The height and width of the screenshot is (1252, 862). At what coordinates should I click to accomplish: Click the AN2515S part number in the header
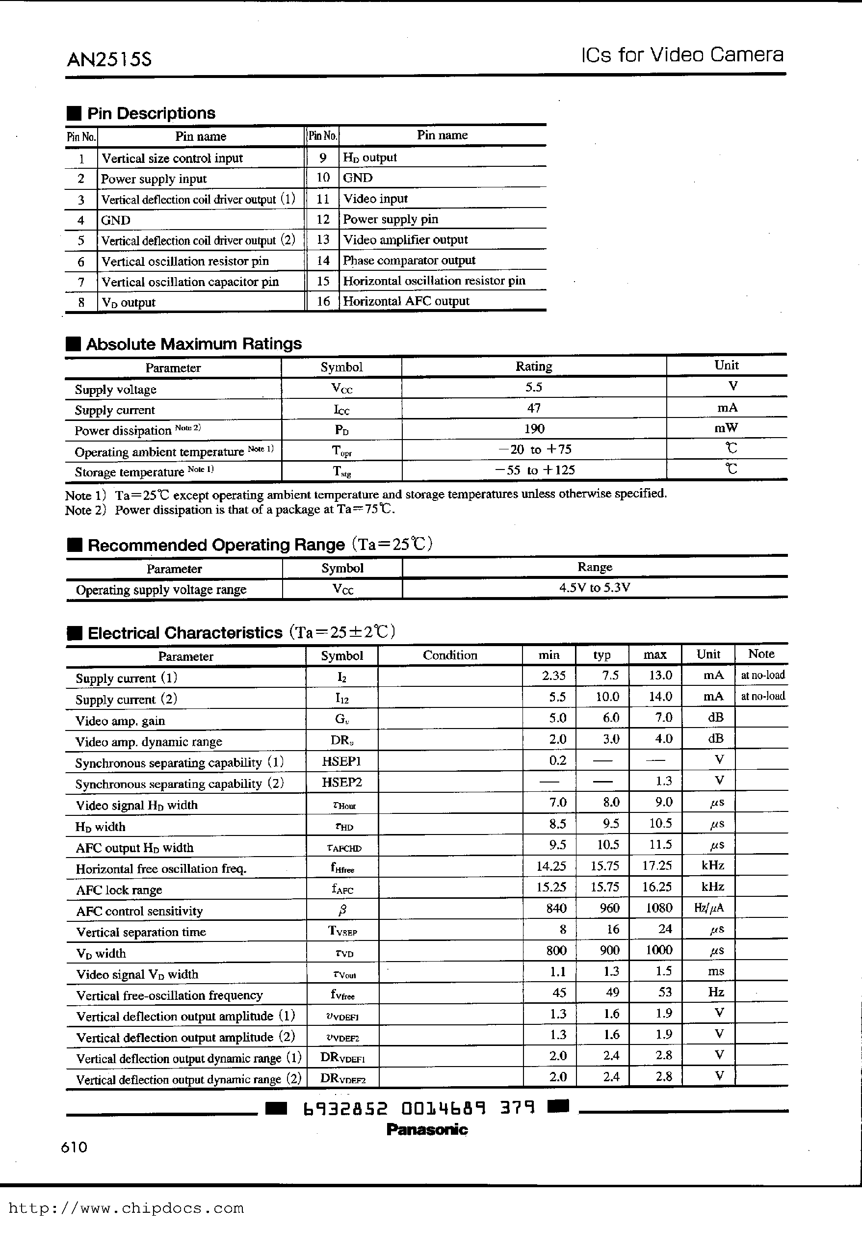click(x=109, y=59)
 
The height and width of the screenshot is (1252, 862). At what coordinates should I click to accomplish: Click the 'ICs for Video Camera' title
click(x=681, y=54)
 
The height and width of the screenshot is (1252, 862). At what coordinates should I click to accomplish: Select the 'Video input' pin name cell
click(x=375, y=198)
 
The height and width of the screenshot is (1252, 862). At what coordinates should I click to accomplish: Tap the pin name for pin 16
click(x=406, y=301)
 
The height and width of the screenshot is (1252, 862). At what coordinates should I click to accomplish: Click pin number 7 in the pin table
click(x=81, y=282)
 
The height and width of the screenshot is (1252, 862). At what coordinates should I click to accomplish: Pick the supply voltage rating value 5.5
click(x=534, y=387)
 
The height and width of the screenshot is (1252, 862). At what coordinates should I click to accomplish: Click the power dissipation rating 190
click(x=534, y=428)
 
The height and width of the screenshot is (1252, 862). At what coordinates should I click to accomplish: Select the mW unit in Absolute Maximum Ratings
click(x=726, y=428)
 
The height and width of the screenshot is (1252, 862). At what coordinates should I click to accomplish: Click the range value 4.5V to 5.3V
click(x=595, y=587)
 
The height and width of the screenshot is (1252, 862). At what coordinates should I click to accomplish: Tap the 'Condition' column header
click(x=450, y=655)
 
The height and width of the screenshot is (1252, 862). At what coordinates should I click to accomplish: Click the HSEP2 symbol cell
click(x=342, y=782)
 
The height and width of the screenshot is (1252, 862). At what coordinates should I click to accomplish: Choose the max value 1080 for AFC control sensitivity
click(x=658, y=908)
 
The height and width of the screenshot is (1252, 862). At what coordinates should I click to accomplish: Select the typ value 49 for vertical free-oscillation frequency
click(x=609, y=992)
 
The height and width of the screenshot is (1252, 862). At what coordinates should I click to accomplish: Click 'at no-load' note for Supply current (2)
click(x=762, y=696)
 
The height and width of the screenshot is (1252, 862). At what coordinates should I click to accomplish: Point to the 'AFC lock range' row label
click(x=119, y=889)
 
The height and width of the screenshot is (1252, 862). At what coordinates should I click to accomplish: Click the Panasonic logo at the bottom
click(x=427, y=1129)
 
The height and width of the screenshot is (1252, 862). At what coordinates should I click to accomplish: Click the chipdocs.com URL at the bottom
click(x=127, y=1208)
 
